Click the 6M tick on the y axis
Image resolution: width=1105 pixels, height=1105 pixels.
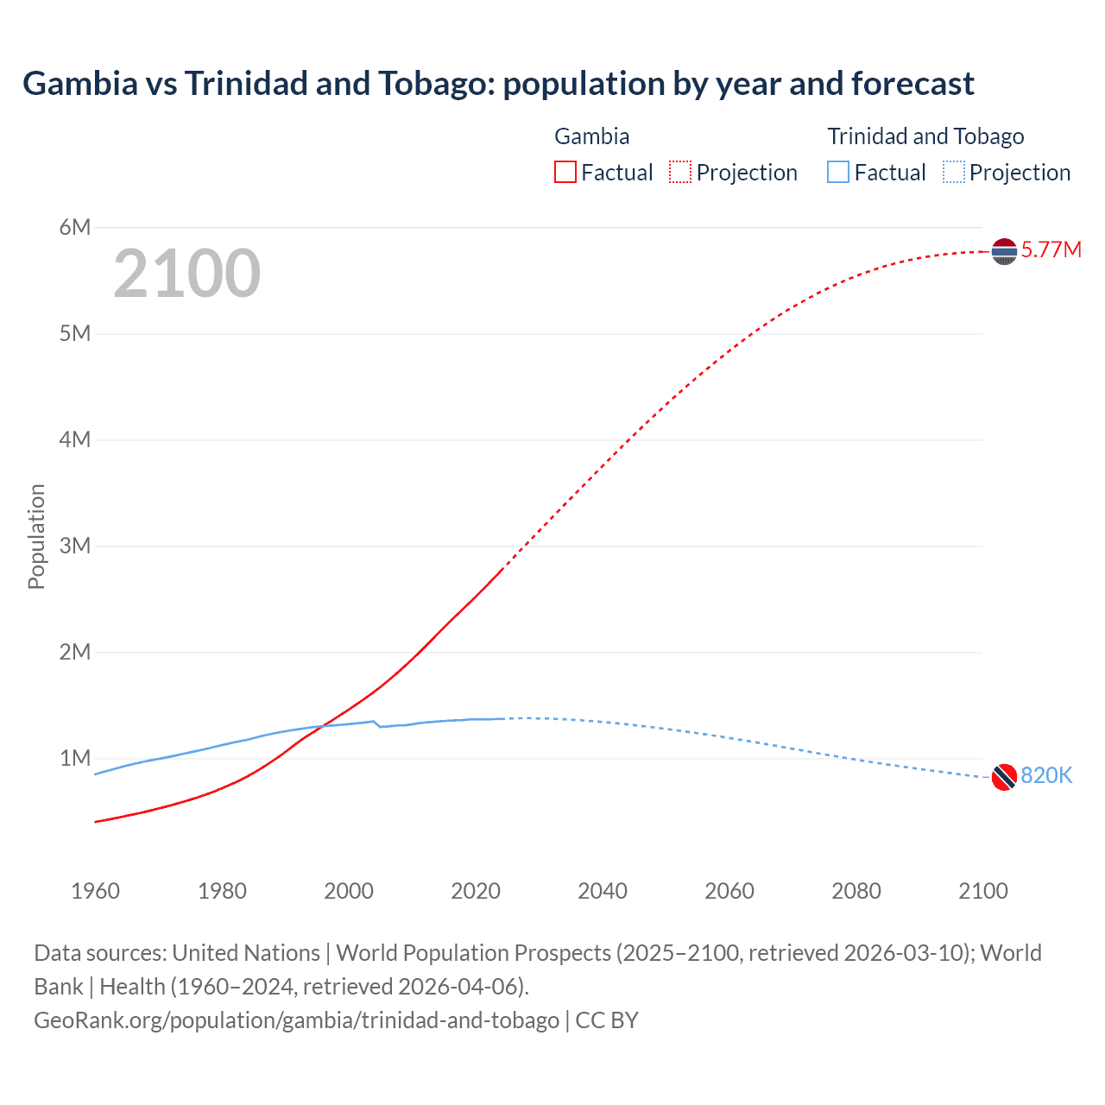tap(75, 227)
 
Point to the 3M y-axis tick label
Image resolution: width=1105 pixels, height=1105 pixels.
tap(75, 546)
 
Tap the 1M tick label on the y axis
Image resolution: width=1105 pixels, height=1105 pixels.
tap(75, 758)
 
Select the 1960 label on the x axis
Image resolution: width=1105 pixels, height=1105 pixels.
tap(95, 891)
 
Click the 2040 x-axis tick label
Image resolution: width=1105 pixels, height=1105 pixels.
tap(603, 891)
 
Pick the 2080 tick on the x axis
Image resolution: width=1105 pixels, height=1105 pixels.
tap(856, 891)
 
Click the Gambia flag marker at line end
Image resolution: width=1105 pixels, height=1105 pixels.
tap(1004, 251)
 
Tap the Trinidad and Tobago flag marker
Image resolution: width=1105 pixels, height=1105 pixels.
tap(1004, 777)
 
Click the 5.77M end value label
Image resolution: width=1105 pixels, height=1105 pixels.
tap(1051, 250)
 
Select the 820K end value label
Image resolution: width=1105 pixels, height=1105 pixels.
tap(1046, 776)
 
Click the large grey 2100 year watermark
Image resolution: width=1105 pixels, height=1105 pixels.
tap(186, 274)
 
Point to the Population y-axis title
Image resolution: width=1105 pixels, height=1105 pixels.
tap(36, 537)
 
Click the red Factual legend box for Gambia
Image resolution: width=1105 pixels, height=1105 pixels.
tap(565, 173)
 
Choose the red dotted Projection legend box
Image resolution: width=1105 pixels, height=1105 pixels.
tap(680, 173)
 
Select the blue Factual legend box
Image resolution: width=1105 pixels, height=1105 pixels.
tap(838, 173)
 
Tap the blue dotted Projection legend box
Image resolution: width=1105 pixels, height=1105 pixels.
tap(954, 173)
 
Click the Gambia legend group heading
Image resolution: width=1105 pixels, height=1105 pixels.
tap(591, 136)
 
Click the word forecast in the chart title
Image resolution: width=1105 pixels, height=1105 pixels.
tap(912, 84)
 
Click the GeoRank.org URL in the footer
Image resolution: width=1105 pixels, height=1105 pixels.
tap(296, 1020)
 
